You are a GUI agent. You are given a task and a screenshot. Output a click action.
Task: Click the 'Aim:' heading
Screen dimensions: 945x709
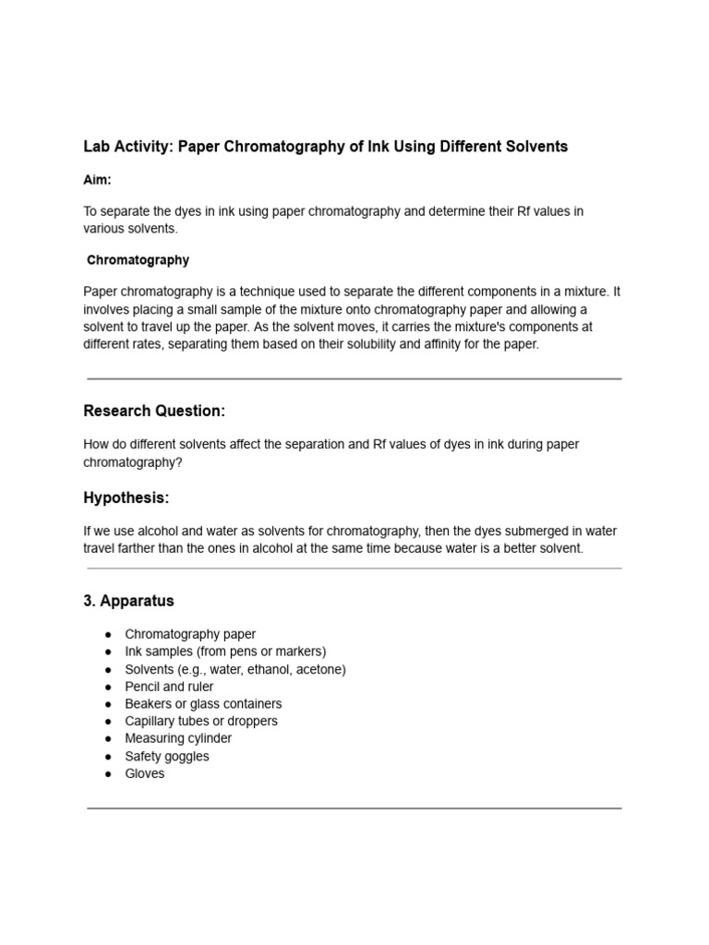pos(97,180)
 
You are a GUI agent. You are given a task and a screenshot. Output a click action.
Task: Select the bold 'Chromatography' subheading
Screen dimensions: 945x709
pos(138,260)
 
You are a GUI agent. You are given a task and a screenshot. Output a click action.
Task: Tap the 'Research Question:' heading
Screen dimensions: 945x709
pos(154,411)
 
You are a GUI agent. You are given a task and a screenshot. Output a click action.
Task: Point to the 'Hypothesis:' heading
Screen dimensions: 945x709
pos(126,498)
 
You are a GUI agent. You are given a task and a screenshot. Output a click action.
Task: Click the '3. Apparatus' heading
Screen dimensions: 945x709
pos(128,601)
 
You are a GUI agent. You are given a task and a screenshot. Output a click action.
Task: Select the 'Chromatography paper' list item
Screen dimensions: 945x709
pos(190,634)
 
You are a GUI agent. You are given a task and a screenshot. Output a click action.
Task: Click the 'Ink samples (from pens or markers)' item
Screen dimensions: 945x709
pos(225,652)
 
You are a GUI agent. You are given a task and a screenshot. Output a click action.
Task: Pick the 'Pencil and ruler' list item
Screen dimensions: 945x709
pos(169,687)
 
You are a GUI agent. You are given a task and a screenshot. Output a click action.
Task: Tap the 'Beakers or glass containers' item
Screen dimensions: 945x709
pos(203,704)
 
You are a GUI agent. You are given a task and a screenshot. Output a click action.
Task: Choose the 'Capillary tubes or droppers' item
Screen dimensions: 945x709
pos(201,721)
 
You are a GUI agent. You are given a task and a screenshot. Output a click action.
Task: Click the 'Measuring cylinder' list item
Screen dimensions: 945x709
pos(178,738)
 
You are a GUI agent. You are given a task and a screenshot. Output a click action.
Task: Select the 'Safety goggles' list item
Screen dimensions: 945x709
pos(167,756)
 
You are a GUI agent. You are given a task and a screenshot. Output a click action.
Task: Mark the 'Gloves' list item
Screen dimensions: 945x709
pos(145,773)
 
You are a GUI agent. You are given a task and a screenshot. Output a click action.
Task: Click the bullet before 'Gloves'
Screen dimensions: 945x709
pos(109,773)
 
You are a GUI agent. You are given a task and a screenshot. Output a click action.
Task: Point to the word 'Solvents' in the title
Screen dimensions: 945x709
pos(537,147)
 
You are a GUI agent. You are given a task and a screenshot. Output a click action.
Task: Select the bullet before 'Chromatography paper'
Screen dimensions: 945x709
pos(109,634)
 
